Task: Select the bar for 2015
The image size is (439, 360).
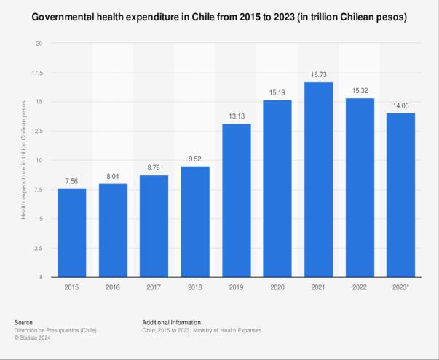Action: coord(71,233)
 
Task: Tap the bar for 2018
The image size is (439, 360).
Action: coord(195,222)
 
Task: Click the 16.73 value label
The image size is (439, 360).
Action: coord(319,75)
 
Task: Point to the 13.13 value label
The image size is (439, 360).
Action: coord(237,117)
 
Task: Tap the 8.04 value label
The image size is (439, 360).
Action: coord(113,176)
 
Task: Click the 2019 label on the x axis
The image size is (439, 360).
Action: coord(237,287)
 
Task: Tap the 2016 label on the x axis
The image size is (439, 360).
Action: coord(113,287)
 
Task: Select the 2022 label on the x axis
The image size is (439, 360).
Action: coord(360,287)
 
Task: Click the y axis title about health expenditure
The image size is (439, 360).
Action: coord(23,160)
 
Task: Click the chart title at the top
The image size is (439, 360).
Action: coord(219,17)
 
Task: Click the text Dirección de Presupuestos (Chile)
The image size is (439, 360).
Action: coord(54,330)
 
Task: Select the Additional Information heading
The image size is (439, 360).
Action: coord(173,322)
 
